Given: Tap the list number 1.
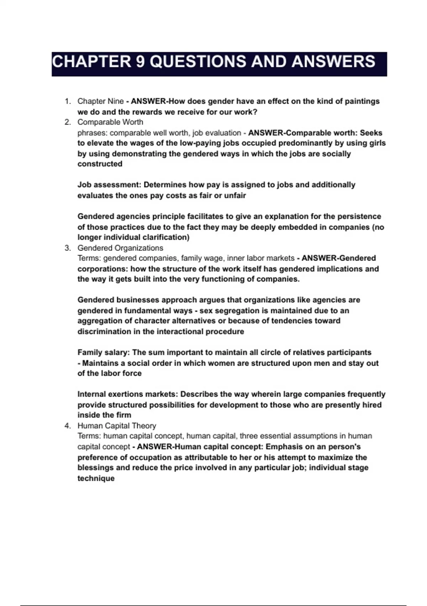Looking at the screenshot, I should (67, 101).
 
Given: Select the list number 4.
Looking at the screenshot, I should (67, 426).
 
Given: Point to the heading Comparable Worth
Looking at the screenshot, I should (110, 122).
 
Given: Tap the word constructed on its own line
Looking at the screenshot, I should (100, 164).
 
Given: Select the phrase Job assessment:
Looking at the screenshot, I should (109, 185).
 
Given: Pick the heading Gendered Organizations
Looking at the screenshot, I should (120, 248).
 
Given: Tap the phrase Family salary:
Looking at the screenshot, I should (104, 352).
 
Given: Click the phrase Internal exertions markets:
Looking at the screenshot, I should (128, 394).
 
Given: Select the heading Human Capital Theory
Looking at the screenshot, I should (117, 426).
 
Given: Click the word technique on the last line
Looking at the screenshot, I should (96, 478).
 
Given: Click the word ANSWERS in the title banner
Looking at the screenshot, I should (333, 62).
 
